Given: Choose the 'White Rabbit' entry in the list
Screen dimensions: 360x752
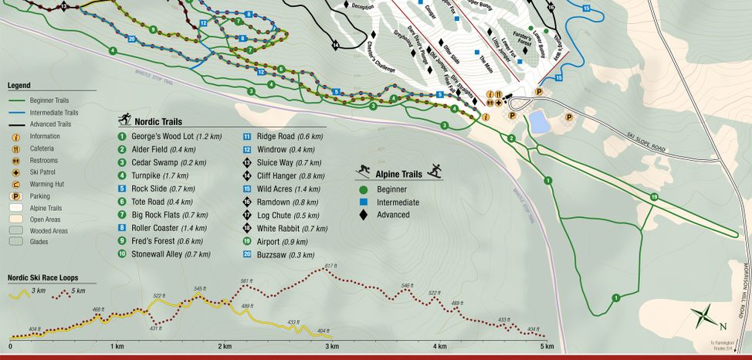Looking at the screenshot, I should [283, 229].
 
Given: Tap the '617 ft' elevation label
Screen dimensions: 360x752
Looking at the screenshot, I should [331, 266].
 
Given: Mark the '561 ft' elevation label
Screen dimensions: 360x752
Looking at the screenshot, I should [246, 281].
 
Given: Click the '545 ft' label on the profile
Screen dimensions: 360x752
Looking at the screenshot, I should [200, 289].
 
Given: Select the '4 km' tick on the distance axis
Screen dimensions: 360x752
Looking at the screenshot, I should [439, 346].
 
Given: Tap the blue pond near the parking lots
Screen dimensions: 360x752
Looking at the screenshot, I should [539, 121].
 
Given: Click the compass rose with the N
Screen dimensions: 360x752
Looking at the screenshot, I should [705, 315].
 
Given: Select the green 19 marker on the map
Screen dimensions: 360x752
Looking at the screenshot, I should [654, 198].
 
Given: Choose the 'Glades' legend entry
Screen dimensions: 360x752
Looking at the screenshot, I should [39, 241].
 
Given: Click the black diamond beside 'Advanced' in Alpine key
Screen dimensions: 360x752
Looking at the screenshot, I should [362, 215].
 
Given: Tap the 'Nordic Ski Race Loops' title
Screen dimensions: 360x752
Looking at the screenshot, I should [42, 278].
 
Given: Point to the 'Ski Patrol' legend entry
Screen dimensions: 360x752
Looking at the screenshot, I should [46, 172].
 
